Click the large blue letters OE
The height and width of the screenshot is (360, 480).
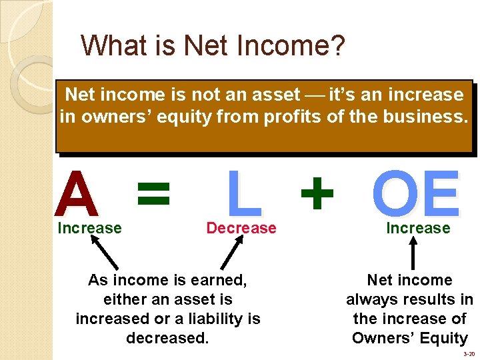[416, 194]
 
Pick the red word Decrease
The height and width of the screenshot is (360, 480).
[241, 228]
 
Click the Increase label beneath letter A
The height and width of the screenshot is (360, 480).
[90, 228]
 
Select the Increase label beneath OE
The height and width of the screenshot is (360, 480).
[418, 228]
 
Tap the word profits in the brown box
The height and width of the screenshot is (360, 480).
[289, 117]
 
